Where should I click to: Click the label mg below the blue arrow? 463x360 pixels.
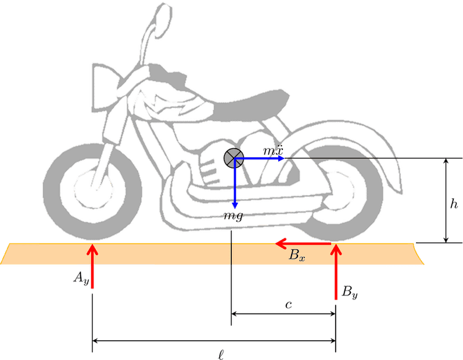[x=234, y=216]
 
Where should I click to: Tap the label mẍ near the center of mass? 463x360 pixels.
[x=273, y=150]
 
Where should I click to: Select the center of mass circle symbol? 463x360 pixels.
[x=234, y=158]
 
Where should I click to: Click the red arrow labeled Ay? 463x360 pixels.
[x=92, y=266]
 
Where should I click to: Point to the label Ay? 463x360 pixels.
[x=81, y=278]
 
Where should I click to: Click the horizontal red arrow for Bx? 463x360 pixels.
[x=303, y=243]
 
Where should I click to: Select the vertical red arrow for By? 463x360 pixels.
[x=336, y=272]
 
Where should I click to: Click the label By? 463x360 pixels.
[x=350, y=292]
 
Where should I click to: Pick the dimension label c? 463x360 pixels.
[x=289, y=304]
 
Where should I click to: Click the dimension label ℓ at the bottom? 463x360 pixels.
[x=221, y=354]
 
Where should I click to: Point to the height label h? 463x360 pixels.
[x=454, y=204]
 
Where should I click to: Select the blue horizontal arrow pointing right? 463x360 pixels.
[x=259, y=159]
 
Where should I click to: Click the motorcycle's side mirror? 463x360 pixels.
[x=162, y=20]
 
